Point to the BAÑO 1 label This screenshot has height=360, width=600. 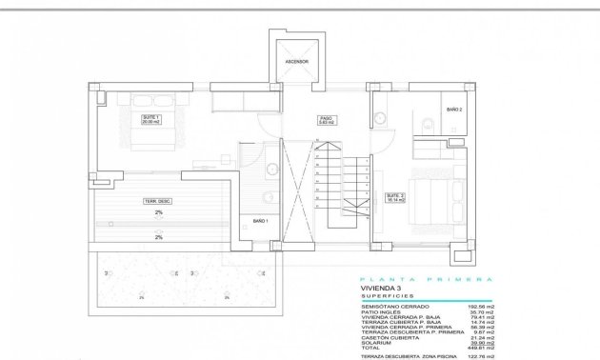coord(260,221)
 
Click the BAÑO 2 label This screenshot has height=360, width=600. coord(454,110)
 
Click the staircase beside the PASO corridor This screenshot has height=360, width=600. coord(343,186)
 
